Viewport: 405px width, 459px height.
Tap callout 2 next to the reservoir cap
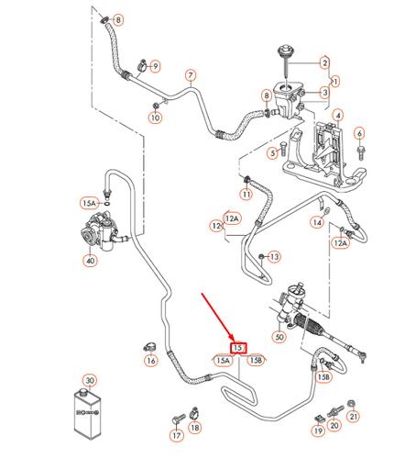click(x=323, y=62)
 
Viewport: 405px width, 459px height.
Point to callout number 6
click(x=360, y=134)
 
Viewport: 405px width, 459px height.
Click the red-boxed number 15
click(x=237, y=348)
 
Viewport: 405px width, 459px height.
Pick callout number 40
click(x=89, y=261)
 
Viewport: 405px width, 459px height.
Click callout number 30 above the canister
click(x=89, y=380)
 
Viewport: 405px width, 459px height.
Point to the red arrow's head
click(x=233, y=337)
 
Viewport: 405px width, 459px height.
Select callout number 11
click(x=246, y=194)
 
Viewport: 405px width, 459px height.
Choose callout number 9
click(x=155, y=66)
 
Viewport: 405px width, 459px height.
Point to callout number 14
click(x=316, y=222)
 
